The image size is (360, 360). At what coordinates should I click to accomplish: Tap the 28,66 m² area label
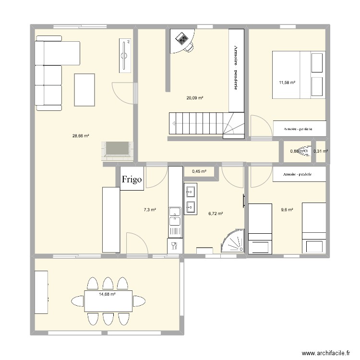[81, 136]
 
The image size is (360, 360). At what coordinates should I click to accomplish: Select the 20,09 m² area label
[195, 98]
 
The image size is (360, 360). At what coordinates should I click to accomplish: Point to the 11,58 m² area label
[287, 83]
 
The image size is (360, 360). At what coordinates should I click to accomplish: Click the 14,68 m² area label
[107, 294]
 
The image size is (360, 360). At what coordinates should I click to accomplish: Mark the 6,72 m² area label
[215, 214]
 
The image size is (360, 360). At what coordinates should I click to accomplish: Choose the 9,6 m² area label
[287, 209]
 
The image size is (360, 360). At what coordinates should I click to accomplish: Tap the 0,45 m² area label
[199, 171]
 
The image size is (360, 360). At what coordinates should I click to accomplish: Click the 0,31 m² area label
[320, 152]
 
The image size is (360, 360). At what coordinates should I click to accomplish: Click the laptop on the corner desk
[182, 37]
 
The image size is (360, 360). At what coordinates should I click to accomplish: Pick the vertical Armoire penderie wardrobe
[236, 70]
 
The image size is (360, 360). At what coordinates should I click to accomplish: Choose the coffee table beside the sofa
[85, 89]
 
